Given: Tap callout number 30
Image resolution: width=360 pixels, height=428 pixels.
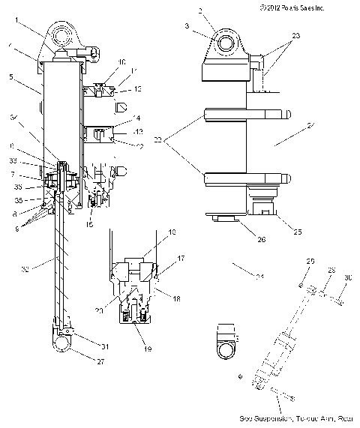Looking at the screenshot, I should pos(346,277).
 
